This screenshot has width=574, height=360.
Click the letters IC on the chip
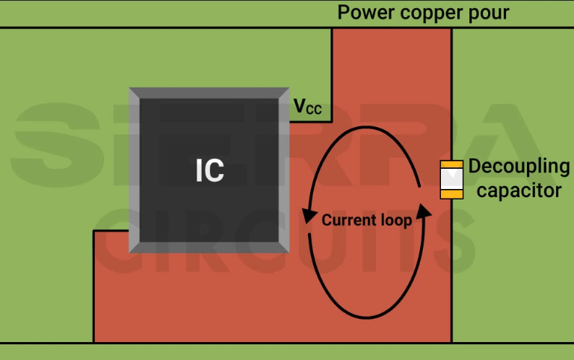[209, 171]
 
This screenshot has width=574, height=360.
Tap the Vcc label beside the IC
[307, 108]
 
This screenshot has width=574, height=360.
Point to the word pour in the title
[490, 13]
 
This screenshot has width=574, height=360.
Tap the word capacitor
[519, 190]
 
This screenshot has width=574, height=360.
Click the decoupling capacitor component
[451, 179]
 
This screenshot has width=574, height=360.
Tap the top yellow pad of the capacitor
[451, 164]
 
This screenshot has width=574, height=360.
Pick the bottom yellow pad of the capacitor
[451, 194]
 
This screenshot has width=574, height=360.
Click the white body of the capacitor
[451, 179]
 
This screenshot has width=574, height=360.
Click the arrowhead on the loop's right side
[425, 211]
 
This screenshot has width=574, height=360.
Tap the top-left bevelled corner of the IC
[134, 93]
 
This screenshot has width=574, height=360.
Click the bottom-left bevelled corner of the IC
[134, 248]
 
